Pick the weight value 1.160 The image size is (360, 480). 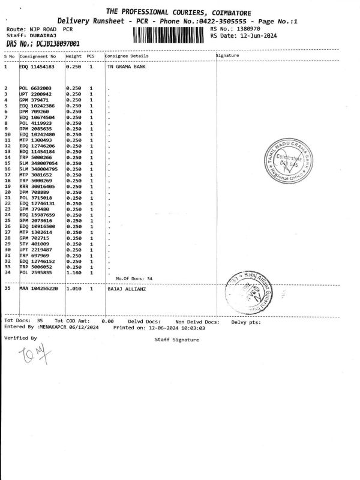tap(74, 272)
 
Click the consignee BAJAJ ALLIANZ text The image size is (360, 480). tap(126, 289)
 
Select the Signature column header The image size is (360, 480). tap(227, 55)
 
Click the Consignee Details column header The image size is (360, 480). tap(125, 55)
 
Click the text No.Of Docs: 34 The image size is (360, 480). tap(134, 278)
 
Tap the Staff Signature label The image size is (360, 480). tap(176, 340)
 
